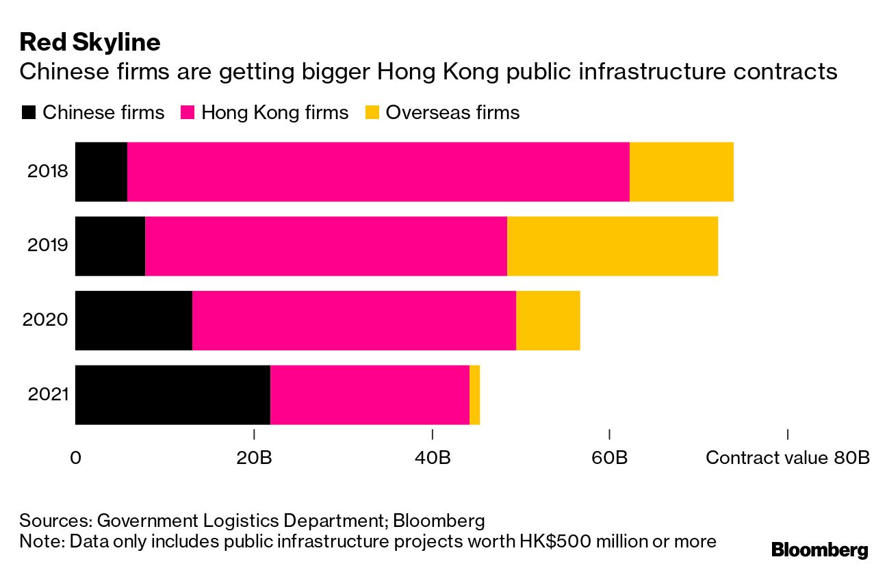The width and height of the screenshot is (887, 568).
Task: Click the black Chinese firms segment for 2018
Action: click(101, 172)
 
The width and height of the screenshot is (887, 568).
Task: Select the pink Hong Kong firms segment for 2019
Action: click(326, 246)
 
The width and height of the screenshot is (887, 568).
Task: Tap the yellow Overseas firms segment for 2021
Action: click(474, 395)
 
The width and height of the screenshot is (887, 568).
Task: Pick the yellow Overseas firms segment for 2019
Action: click(613, 246)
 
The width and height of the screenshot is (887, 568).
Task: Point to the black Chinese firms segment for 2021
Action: click(172, 395)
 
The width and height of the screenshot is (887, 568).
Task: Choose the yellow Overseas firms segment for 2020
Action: click(548, 320)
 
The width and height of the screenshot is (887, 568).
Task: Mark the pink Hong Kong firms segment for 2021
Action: click(370, 395)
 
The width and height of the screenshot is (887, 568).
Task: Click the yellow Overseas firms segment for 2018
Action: click(682, 172)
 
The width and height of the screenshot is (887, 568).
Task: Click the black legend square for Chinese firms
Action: click(28, 113)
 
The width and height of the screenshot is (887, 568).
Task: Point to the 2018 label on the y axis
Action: click(48, 172)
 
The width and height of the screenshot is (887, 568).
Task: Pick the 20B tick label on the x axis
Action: click(255, 457)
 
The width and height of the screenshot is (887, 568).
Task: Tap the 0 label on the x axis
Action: click(75, 457)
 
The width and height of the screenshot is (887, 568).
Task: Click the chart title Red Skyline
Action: click(90, 42)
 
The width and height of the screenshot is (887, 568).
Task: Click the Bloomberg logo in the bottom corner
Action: click(819, 550)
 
